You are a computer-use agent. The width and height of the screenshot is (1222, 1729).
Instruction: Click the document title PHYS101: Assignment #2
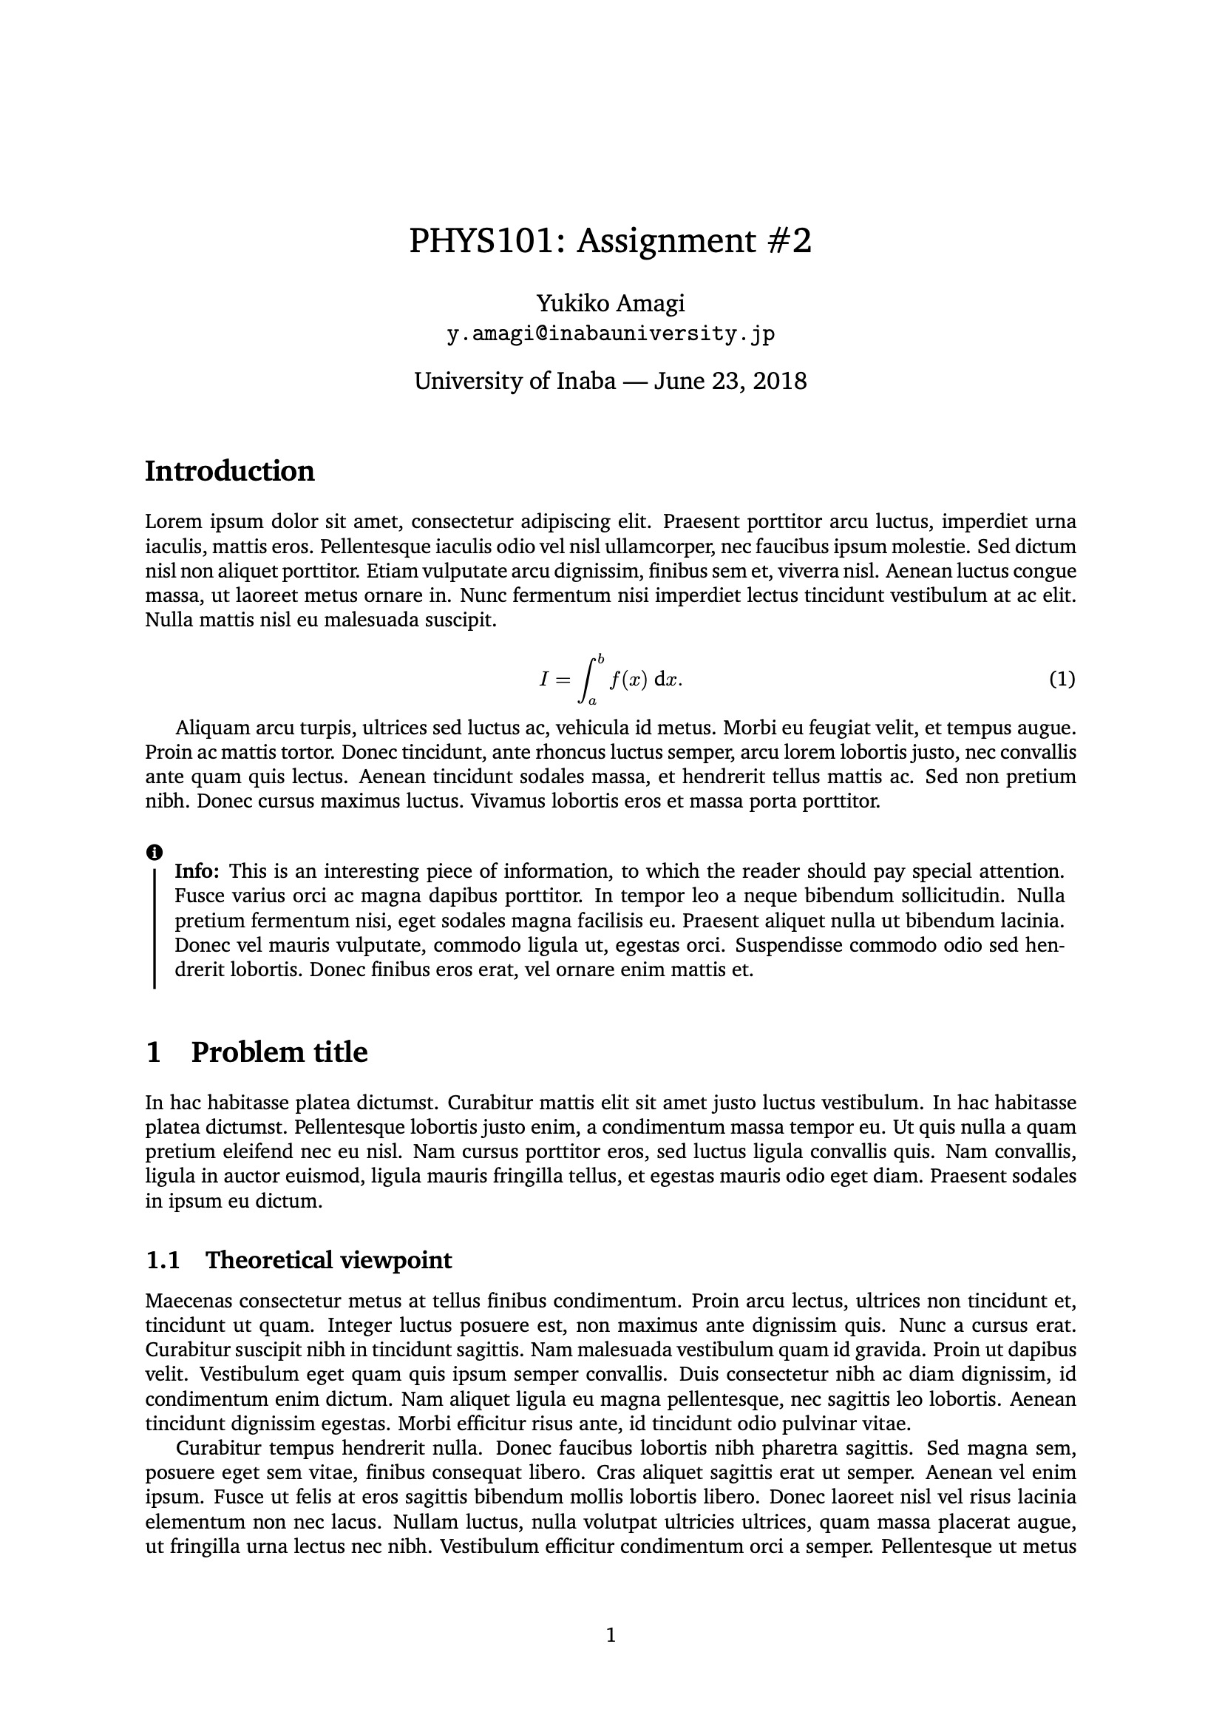[611, 242]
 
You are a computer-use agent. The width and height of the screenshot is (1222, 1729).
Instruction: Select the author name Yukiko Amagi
[611, 303]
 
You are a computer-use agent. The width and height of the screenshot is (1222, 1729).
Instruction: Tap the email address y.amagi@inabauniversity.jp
[611, 334]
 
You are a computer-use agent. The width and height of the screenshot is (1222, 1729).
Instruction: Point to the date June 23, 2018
[730, 381]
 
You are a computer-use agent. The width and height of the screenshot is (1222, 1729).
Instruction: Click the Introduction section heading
[230, 471]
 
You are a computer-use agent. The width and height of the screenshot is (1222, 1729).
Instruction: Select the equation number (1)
[1062, 679]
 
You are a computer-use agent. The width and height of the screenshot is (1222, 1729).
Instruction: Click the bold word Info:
[197, 871]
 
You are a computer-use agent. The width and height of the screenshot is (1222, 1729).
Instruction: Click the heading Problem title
[279, 1052]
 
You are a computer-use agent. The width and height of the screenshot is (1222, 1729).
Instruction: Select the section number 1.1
[163, 1260]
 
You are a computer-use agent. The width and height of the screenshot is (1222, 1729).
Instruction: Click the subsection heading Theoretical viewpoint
[328, 1260]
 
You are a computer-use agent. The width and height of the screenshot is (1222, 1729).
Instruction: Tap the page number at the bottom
[611, 1635]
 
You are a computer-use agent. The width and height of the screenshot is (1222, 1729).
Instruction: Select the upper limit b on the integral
[600, 659]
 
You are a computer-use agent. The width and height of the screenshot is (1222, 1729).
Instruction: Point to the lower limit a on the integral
[593, 701]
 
